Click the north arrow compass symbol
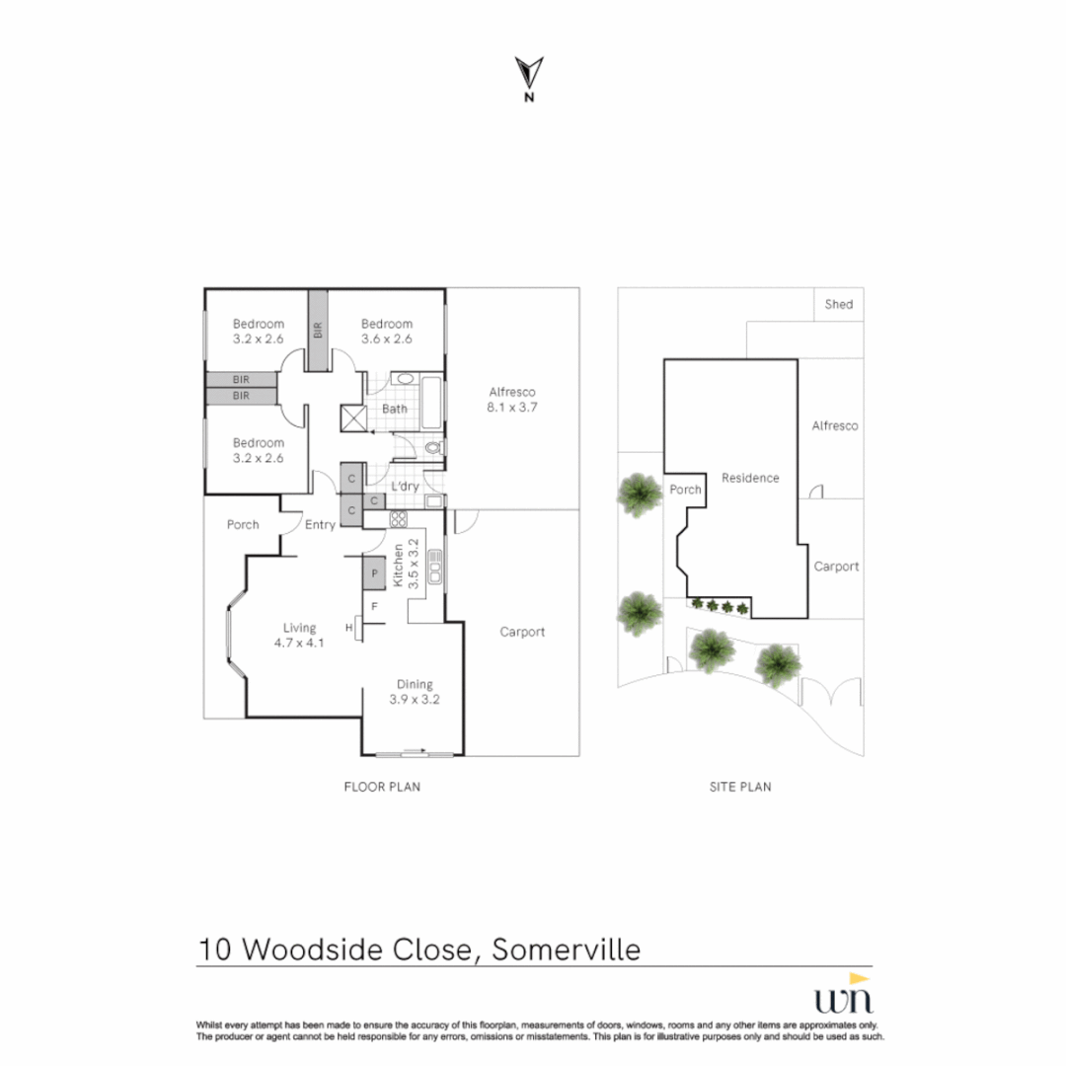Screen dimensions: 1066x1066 (529, 75)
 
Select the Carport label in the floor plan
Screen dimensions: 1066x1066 (522, 632)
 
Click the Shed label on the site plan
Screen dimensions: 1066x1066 (838, 304)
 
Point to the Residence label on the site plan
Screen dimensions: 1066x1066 (750, 478)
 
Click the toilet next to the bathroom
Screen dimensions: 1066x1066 (431, 448)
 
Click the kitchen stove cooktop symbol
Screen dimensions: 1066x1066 (399, 519)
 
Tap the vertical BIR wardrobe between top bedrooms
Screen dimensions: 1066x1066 (317, 330)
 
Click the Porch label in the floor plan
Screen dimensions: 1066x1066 (243, 524)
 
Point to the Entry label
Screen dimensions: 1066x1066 (320, 525)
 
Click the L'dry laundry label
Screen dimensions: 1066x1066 (406, 487)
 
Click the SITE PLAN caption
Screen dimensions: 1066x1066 (740, 787)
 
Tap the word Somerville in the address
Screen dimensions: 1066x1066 (566, 950)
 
